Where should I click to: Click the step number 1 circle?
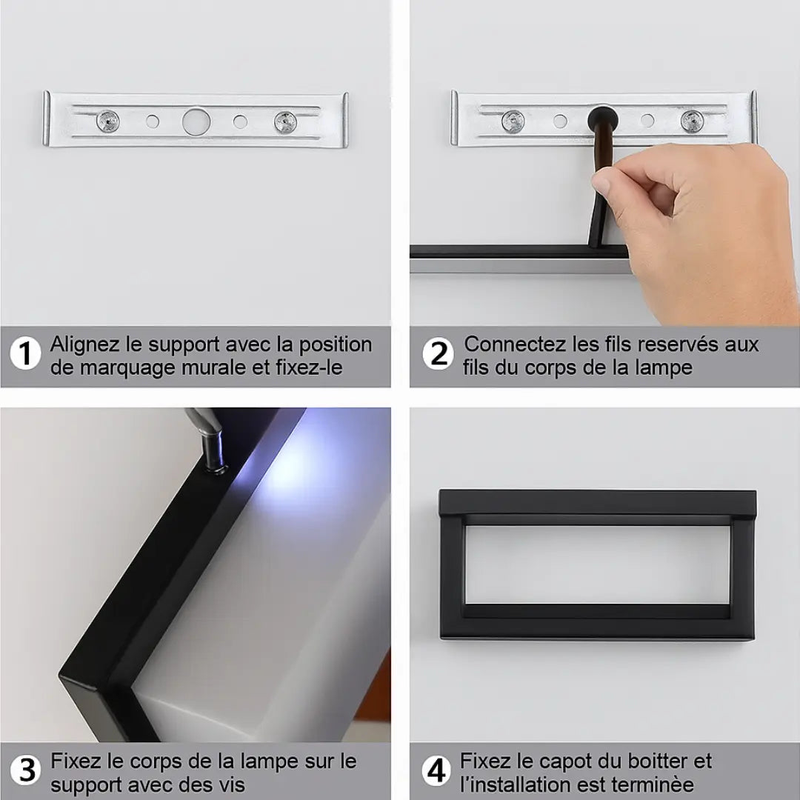tap(25, 353)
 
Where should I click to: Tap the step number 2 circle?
tap(438, 353)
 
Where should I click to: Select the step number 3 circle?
tap(25, 770)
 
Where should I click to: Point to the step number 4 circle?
tap(436, 770)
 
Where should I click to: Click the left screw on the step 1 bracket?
tap(107, 121)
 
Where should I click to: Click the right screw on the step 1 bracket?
tap(285, 122)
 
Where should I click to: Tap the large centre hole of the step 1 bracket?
tap(196, 121)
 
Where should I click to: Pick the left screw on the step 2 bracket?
tap(513, 121)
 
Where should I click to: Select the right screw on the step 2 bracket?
tap(693, 121)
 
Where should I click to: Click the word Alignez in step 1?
tap(84, 345)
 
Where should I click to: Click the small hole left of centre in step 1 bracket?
tap(153, 121)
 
